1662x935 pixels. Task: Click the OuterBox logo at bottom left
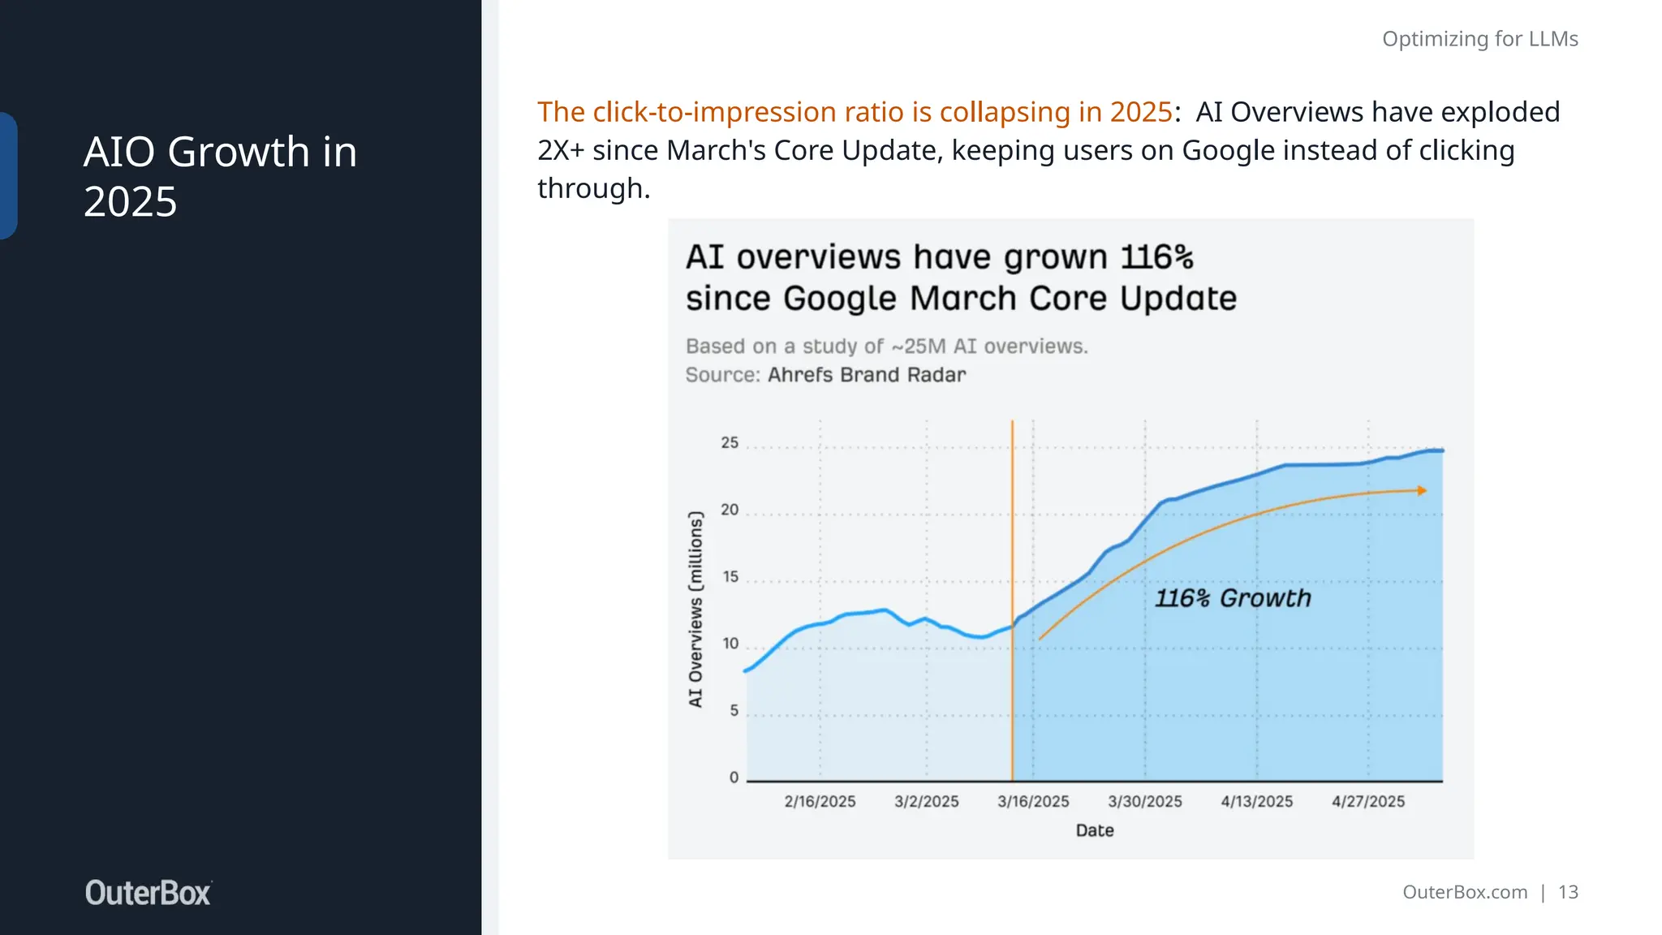point(148,893)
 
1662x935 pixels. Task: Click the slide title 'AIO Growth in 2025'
point(220,176)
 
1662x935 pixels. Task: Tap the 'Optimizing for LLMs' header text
point(1479,39)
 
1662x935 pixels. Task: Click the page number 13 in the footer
point(1568,892)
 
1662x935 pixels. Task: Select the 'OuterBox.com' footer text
point(1464,892)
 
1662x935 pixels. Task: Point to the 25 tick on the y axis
point(730,443)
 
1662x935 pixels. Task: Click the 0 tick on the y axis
point(734,778)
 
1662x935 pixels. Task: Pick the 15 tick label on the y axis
point(730,577)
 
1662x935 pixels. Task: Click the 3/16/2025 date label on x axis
point(1033,802)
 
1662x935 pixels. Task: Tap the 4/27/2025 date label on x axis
point(1367,802)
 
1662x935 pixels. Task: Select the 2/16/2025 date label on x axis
point(820,802)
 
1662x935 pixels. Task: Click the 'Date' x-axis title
point(1094,830)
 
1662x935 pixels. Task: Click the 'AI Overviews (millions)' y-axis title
point(695,609)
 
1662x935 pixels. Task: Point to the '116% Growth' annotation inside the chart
point(1232,598)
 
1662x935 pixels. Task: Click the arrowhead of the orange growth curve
point(1421,490)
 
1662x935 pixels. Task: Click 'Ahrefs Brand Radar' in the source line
point(866,375)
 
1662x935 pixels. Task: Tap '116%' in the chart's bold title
point(1156,257)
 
